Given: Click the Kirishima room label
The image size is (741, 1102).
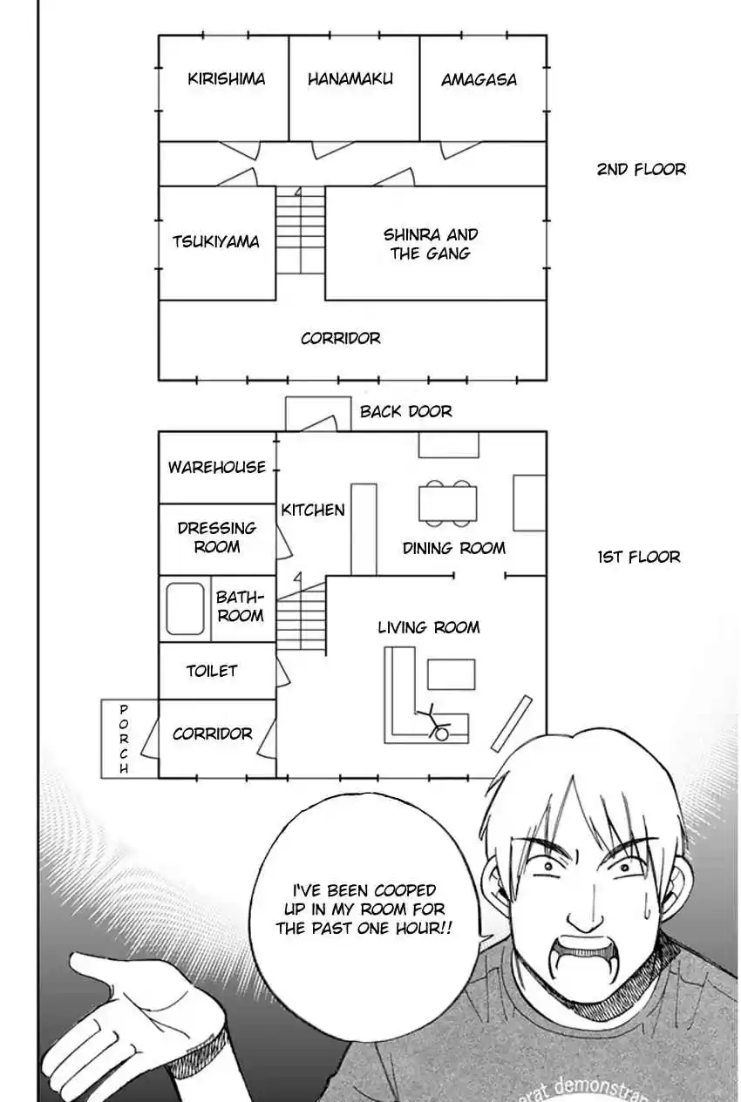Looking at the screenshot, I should [227, 79].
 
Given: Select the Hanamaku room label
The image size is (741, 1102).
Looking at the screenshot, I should [350, 79].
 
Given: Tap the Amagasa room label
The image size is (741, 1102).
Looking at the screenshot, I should [479, 80].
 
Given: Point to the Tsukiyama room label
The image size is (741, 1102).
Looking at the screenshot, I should [215, 242].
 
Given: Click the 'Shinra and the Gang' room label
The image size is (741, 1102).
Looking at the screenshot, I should [431, 244].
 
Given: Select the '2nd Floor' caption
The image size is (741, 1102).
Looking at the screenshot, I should [641, 169].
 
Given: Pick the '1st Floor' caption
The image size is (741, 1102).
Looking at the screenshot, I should [639, 557].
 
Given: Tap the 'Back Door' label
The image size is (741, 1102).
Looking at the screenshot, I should [406, 411].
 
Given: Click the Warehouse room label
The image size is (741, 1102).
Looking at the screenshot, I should [217, 467].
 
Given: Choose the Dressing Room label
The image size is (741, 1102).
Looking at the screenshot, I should [217, 537].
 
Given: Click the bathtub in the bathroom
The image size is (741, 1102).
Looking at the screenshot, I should [185, 608].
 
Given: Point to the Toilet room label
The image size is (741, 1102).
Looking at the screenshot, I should [212, 671].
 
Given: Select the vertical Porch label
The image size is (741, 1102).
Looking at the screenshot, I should [124, 740].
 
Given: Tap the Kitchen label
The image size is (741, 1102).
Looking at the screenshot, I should [313, 510].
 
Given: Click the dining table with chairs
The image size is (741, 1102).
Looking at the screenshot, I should [448, 504].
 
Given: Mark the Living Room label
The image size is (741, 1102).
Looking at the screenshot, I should [428, 627].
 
